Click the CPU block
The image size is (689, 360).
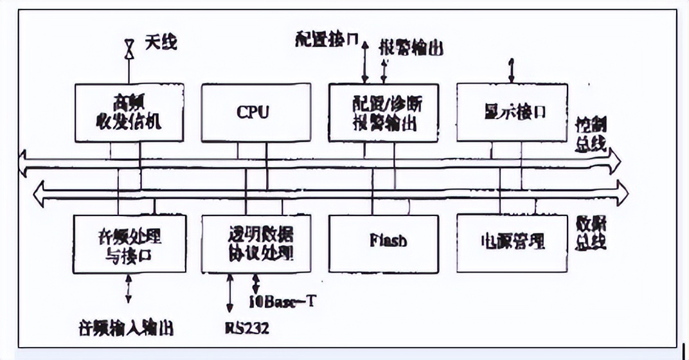pos(253,113)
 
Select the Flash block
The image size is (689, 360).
pos(384,242)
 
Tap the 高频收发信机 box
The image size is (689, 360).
pos(129,113)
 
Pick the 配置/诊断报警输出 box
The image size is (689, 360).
pos(384,113)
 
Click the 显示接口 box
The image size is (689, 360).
pos(512,113)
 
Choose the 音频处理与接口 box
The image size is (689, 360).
pos(129,242)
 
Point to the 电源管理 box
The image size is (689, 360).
pos(512,242)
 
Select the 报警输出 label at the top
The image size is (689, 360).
pos(411,49)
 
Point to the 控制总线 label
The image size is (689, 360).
pos(591,134)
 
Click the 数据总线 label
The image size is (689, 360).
pos(591,233)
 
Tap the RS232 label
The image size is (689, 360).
pos(247,328)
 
